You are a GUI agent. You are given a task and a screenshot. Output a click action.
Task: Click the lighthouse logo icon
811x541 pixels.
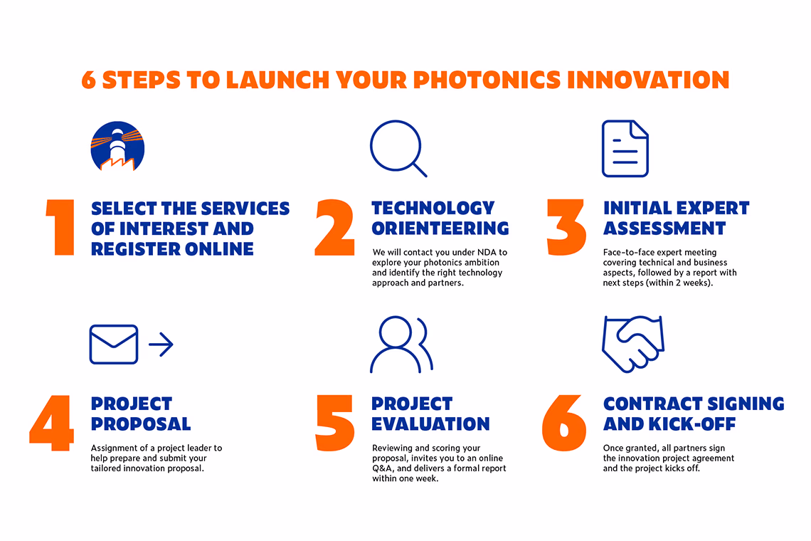coord(117,147)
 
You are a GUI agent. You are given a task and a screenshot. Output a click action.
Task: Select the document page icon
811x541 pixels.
coord(625,149)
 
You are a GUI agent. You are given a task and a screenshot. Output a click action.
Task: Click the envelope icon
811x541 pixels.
coord(114,345)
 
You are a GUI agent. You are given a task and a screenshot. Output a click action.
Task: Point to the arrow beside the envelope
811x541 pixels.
coord(161,345)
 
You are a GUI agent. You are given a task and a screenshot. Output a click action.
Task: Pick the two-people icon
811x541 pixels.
coord(401,345)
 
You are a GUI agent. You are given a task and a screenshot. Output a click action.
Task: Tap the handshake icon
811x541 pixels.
coord(632,343)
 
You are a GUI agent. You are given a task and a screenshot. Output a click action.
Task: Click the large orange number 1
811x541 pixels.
coord(60,227)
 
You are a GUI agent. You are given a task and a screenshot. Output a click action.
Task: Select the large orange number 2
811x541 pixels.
coord(334,227)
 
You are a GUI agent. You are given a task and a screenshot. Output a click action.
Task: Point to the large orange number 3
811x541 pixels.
coord(566,227)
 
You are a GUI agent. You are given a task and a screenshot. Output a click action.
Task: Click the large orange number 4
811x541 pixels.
coord(51,423)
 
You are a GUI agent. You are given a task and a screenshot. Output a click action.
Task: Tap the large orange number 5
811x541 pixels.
coord(334,423)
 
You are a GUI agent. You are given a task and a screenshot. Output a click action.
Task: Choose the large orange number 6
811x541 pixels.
coord(564,423)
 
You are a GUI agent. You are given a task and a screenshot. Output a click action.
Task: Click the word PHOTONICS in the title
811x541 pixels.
coord(487,80)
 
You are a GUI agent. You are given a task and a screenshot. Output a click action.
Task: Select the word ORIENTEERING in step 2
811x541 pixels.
coord(440,229)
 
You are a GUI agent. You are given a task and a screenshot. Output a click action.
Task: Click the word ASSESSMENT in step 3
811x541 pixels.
coord(664,229)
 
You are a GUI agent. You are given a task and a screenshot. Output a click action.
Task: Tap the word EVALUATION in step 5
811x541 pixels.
coord(430,424)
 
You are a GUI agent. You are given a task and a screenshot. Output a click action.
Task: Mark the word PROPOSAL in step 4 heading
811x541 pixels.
coord(141,424)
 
